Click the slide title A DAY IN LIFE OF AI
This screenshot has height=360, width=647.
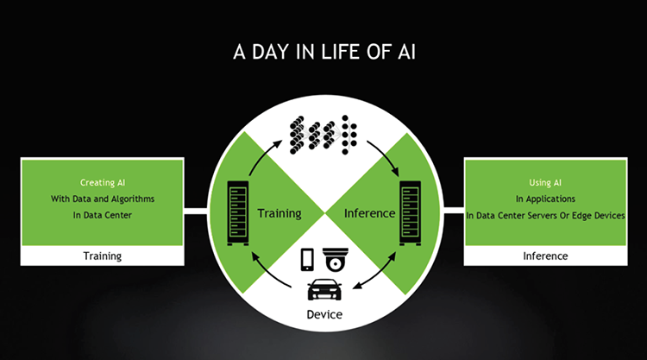point(324,52)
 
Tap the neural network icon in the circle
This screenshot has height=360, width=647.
point(323,135)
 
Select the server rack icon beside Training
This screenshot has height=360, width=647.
point(238,213)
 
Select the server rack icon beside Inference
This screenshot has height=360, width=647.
point(410,213)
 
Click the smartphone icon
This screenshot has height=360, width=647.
point(307,260)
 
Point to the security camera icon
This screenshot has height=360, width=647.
point(335,260)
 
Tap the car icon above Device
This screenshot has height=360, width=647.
point(324,289)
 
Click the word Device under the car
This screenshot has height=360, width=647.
point(324,314)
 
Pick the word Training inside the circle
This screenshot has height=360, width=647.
point(280,213)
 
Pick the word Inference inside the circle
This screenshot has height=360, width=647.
point(370,213)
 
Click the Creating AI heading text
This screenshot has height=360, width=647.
point(103,182)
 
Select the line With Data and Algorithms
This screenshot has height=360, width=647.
point(103,199)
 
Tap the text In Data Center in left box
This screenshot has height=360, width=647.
point(103,215)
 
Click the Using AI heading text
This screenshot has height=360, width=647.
point(545,182)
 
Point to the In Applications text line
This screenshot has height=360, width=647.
point(545,199)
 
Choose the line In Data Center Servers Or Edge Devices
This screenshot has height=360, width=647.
point(545,216)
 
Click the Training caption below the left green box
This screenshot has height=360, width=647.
point(103,256)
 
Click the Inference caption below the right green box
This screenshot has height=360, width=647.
point(545,256)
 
